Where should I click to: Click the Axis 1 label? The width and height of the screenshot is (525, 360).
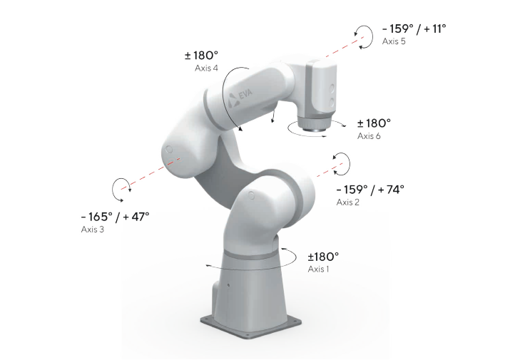318,269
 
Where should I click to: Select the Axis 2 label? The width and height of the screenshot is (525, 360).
347,202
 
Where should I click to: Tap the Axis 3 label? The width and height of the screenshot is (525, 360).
93,229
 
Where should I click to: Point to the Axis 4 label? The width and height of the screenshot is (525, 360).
206,68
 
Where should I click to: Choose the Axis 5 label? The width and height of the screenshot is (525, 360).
394,41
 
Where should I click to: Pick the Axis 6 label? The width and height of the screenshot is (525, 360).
369,136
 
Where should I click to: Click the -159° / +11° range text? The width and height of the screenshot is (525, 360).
414,29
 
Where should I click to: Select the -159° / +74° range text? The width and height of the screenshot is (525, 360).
370,190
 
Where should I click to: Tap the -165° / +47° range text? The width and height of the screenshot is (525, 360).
115,217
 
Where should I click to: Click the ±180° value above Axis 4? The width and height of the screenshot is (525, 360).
201,55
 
